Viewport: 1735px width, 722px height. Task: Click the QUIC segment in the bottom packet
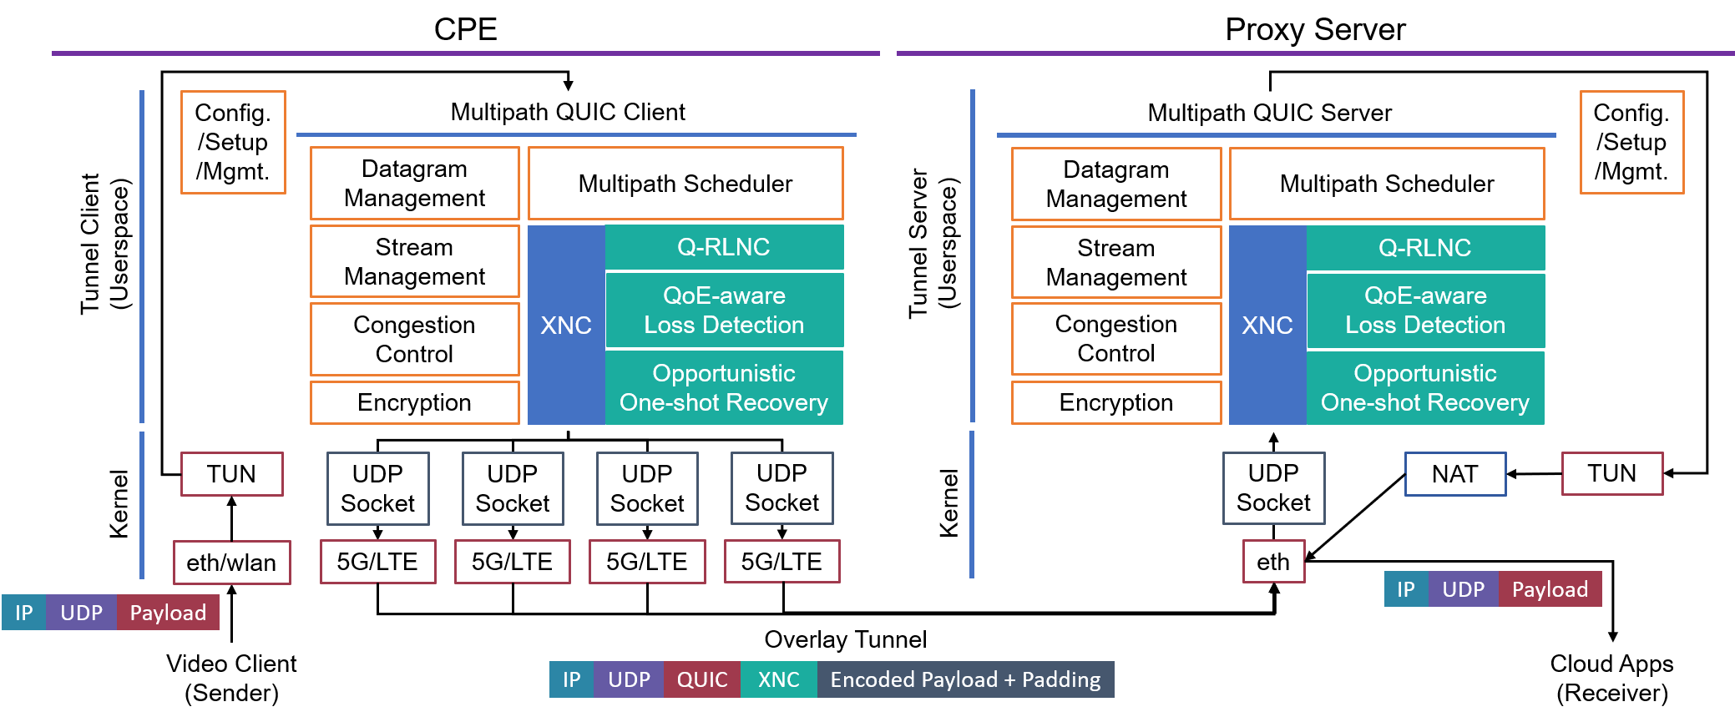(x=702, y=679)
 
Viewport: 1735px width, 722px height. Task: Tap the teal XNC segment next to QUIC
(x=778, y=679)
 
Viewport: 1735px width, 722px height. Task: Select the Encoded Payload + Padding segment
(x=965, y=679)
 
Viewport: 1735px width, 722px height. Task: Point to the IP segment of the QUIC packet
(x=571, y=679)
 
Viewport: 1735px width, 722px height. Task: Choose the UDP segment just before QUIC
(x=629, y=679)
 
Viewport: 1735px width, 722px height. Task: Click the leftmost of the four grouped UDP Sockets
(x=377, y=488)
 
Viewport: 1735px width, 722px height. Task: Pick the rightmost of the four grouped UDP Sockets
(x=782, y=488)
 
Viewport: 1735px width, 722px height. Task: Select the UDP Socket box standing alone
(x=1273, y=488)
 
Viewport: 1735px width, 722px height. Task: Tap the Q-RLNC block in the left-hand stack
(x=724, y=247)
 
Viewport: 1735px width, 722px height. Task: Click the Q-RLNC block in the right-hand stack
(x=1425, y=248)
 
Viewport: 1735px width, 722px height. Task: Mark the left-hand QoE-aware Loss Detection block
(x=724, y=310)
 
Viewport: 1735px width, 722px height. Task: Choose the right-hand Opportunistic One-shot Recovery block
(x=1425, y=388)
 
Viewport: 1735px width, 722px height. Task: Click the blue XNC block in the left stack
(x=566, y=325)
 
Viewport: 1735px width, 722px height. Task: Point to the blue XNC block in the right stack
(x=1267, y=325)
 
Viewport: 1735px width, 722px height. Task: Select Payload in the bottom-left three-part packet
(x=168, y=613)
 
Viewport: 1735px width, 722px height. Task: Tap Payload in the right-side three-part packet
(x=1550, y=589)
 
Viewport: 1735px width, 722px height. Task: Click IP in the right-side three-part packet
(x=1406, y=589)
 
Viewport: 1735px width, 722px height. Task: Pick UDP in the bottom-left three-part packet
(x=81, y=613)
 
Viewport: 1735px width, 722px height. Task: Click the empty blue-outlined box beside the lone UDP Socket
(x=1455, y=474)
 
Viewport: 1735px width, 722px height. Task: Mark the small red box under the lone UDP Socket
(x=1273, y=561)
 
